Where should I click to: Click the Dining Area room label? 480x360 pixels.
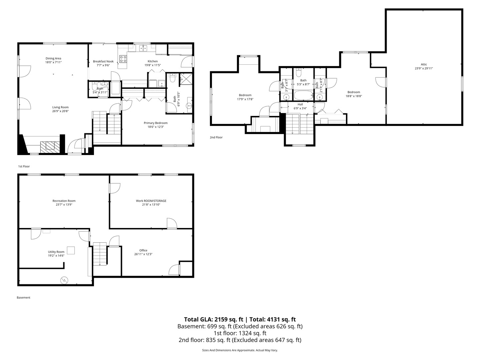pyautogui.click(x=53, y=58)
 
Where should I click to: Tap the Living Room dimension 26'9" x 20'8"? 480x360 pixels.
pyautogui.click(x=60, y=111)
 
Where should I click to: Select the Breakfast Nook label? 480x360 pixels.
pyautogui.click(x=103, y=61)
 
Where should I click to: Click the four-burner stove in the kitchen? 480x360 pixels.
pyautogui.click(x=123, y=59)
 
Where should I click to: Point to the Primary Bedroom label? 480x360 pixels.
pyautogui.click(x=156, y=123)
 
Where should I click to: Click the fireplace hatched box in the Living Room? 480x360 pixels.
pyautogui.click(x=50, y=147)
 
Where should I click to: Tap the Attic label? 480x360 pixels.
pyautogui.click(x=424, y=64)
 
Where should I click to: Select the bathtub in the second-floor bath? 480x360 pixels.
pyautogui.click(x=303, y=96)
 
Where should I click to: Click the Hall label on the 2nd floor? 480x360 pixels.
pyautogui.click(x=300, y=104)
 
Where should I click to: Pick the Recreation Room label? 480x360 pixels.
pyautogui.click(x=64, y=201)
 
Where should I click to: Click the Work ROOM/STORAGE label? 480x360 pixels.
pyautogui.click(x=151, y=201)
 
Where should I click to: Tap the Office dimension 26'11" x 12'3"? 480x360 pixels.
pyautogui.click(x=143, y=254)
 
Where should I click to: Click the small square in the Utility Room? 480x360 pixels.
pyautogui.click(x=71, y=250)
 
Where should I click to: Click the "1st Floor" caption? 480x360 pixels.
pyautogui.click(x=24, y=166)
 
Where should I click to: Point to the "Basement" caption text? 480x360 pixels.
pyautogui.click(x=23, y=297)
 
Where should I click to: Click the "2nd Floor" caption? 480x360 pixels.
pyautogui.click(x=216, y=137)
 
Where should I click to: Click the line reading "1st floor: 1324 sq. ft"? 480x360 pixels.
pyautogui.click(x=240, y=333)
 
